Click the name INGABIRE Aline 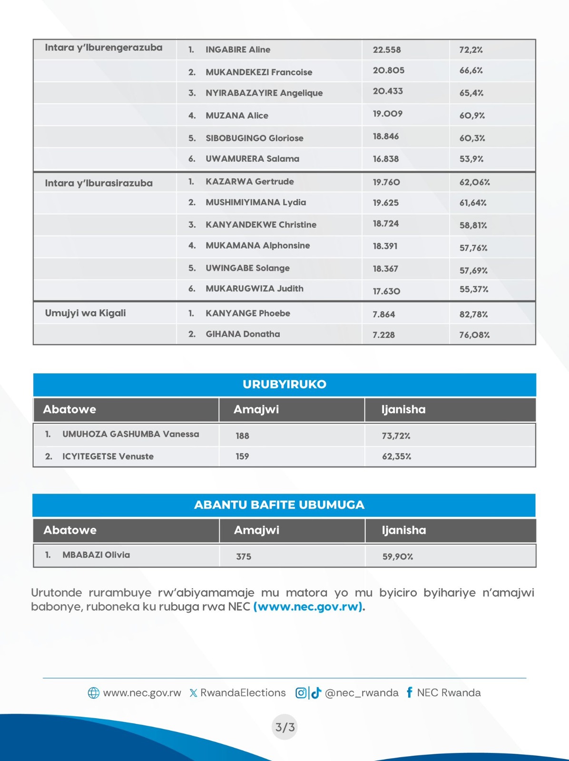click(x=237, y=49)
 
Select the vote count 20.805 click(x=388, y=70)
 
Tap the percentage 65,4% click(x=471, y=93)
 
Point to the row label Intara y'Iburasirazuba click(x=98, y=183)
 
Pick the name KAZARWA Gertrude click(x=249, y=182)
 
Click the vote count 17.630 click(x=386, y=291)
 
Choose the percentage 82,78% click(x=473, y=314)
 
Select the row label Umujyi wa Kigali click(x=85, y=313)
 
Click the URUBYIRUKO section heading click(x=284, y=384)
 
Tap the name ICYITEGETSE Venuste click(x=108, y=457)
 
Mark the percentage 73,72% click(x=396, y=436)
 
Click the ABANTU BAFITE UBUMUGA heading click(x=279, y=505)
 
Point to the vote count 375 click(x=244, y=556)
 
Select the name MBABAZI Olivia click(x=96, y=555)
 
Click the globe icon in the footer click(x=94, y=693)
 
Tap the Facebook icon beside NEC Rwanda click(x=409, y=693)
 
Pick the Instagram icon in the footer click(x=301, y=693)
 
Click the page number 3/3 click(x=285, y=727)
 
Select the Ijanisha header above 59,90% click(x=403, y=530)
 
